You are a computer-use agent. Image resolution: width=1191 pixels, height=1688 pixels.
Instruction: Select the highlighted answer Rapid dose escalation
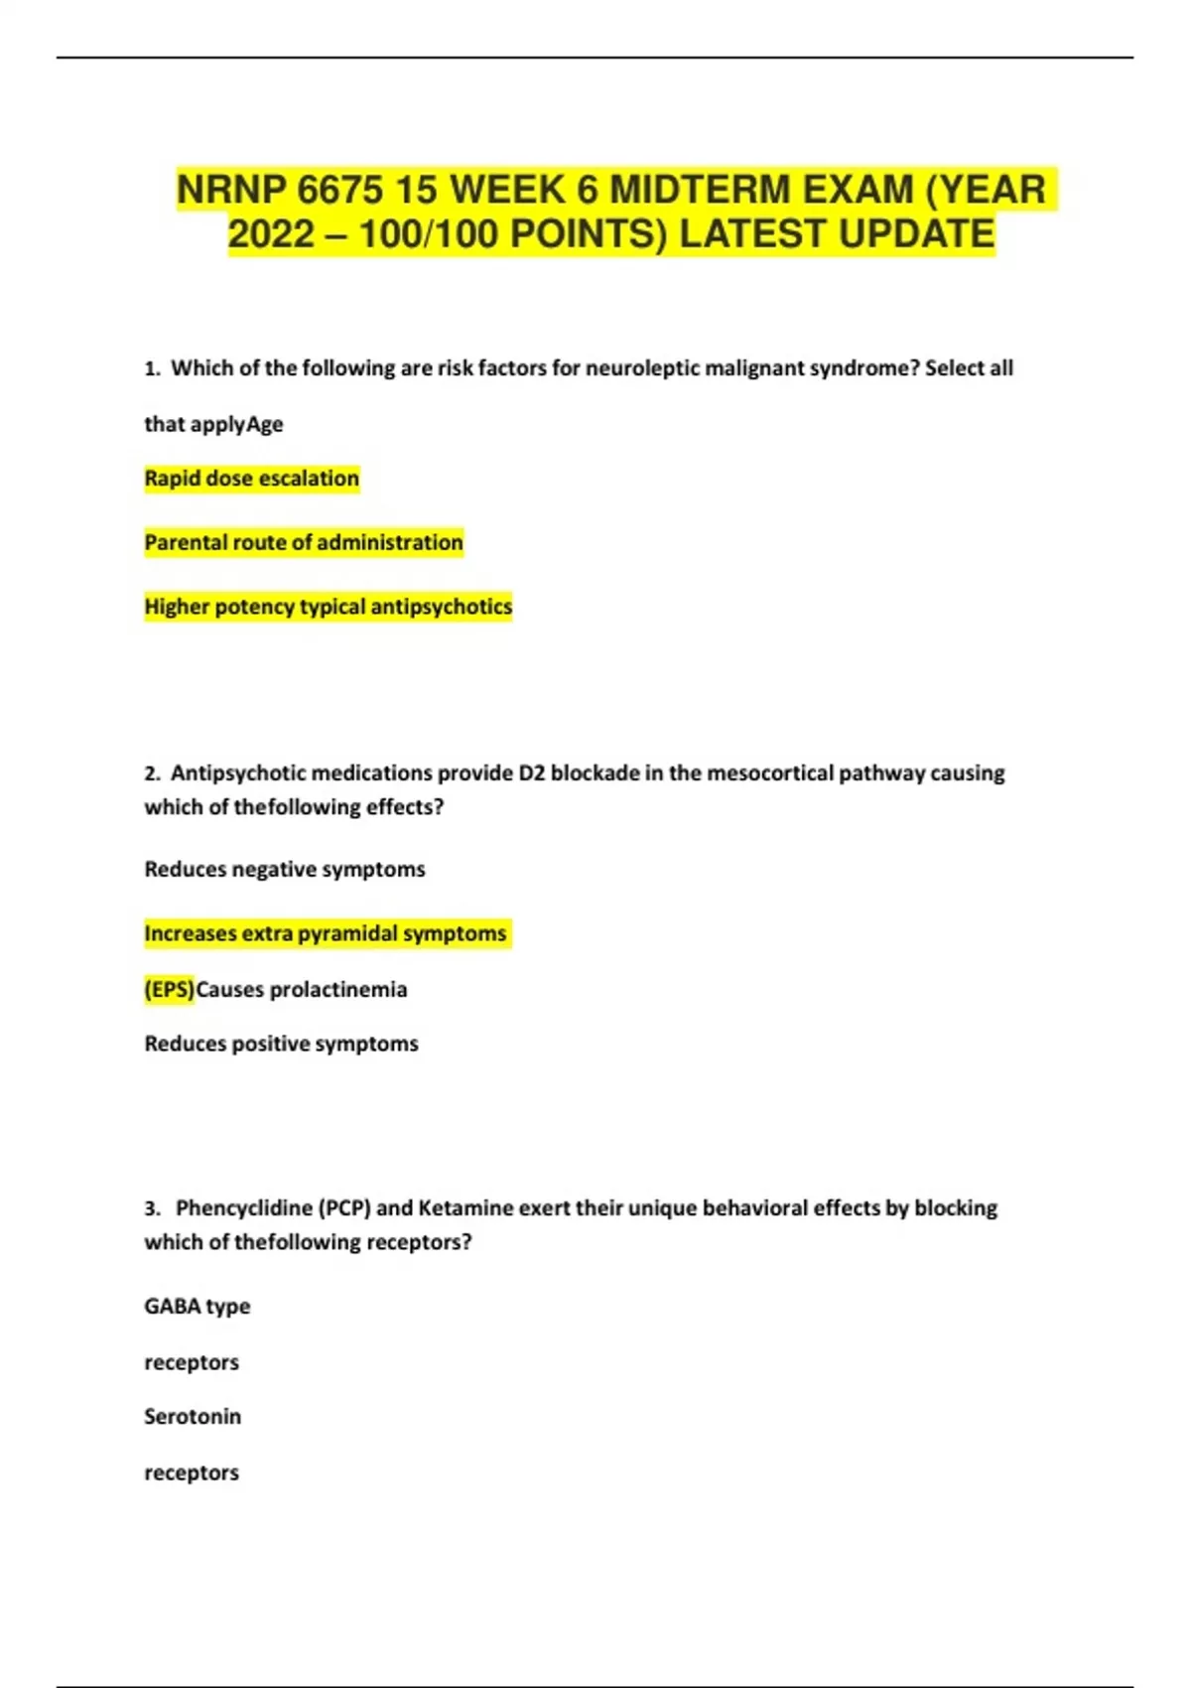tap(251, 479)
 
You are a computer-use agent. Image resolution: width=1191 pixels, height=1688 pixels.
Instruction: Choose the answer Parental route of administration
tap(304, 542)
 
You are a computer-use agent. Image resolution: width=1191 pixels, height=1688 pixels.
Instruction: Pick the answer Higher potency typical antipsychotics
tap(328, 607)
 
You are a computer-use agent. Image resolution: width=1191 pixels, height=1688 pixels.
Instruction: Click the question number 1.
tap(151, 368)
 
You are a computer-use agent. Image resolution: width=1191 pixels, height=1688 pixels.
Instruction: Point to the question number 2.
tap(151, 774)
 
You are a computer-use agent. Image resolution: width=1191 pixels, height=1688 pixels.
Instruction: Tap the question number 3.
tap(151, 1208)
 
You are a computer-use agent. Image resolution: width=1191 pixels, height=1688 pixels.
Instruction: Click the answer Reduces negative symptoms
tap(285, 870)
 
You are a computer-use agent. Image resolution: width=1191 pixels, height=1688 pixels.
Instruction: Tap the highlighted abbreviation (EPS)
tap(170, 990)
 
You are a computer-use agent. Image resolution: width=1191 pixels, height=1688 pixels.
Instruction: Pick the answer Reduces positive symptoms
tap(281, 1044)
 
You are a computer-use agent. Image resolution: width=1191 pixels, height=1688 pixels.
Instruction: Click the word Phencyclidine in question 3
tap(243, 1208)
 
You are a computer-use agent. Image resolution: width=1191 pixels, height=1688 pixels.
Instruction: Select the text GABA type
tap(197, 1307)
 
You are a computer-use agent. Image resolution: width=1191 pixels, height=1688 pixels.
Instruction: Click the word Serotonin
tap(193, 1417)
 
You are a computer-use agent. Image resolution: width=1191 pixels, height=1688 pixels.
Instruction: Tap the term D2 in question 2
tap(532, 774)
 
